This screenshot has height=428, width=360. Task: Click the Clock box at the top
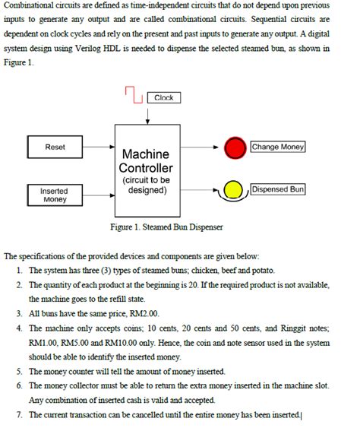click(x=163, y=98)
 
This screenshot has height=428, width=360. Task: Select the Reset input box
click(x=55, y=147)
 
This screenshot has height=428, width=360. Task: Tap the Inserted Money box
click(x=55, y=195)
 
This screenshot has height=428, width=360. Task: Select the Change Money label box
click(x=278, y=147)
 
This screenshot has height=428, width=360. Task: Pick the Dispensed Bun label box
click(x=278, y=189)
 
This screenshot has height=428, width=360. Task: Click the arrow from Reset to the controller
click(x=97, y=147)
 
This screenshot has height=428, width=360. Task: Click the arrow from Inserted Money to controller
click(x=97, y=195)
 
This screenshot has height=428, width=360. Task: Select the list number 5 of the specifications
click(x=18, y=372)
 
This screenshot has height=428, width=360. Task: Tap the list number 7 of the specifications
click(x=18, y=415)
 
